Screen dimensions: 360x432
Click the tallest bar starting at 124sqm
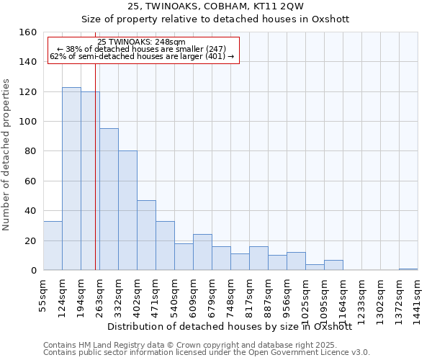point(71,179)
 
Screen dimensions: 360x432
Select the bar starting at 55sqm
point(53,246)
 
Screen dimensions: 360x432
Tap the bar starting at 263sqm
point(109,199)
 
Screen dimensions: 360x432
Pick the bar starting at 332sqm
point(127,210)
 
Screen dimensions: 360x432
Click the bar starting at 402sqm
point(146,235)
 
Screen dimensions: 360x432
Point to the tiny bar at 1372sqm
point(408,269)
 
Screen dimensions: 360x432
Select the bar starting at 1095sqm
point(333,265)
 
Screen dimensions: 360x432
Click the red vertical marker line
point(95,180)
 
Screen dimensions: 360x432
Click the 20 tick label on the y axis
point(30,240)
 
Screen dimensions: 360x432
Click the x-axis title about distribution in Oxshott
point(230,326)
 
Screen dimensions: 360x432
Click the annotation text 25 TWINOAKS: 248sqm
point(141,42)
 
